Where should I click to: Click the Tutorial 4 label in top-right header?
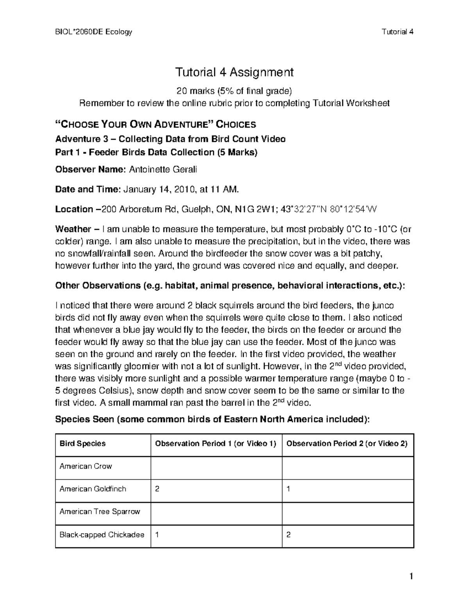(x=397, y=32)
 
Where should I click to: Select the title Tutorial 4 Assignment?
(x=234, y=72)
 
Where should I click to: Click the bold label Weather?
(x=73, y=229)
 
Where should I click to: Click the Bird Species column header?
(x=82, y=444)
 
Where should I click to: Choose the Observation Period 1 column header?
(x=216, y=444)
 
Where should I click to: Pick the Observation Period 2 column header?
(x=347, y=444)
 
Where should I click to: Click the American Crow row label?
(x=86, y=466)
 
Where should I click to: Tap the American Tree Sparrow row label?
(x=100, y=512)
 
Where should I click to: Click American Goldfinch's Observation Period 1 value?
(x=157, y=489)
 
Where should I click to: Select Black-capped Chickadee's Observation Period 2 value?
(x=288, y=535)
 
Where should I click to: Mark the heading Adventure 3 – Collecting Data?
(x=170, y=139)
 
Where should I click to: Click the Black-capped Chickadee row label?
(x=102, y=535)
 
